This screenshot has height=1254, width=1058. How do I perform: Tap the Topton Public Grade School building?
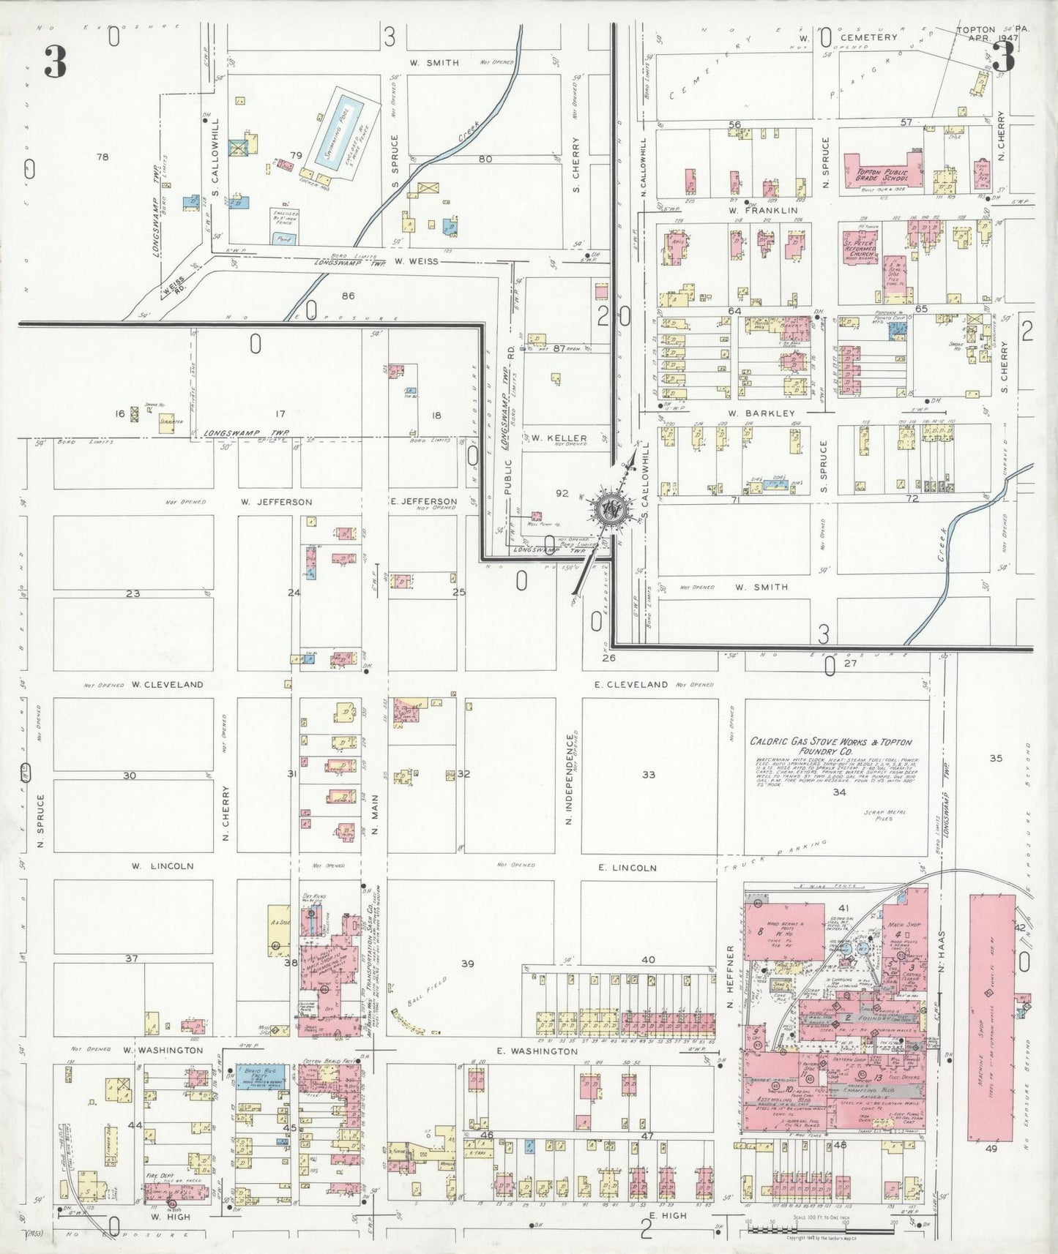882,173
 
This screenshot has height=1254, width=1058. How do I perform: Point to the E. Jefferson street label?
424,502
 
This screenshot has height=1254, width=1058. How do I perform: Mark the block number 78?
103,157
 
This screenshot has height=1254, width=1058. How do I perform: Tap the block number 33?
648,775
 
